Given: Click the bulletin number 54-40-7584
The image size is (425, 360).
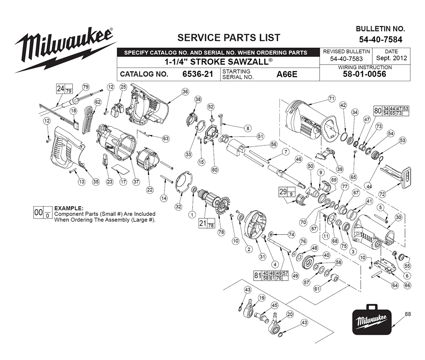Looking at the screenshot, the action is [380, 40].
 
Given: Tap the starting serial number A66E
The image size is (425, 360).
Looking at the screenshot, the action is [287, 74].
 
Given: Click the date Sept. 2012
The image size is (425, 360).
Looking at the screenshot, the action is [391, 58].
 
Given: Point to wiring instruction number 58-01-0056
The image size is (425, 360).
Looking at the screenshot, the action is [365, 74].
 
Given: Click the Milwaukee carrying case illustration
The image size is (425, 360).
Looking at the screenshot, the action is [372, 320].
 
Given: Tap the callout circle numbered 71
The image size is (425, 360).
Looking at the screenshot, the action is [332, 99].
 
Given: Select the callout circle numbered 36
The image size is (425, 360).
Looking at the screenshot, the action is [185, 92].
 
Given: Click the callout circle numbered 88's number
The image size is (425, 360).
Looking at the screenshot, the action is [408, 314].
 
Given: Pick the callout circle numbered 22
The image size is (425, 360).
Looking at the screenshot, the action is [150, 190].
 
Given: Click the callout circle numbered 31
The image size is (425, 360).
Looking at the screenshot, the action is [262, 256].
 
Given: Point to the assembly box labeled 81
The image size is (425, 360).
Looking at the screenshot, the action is [271, 275].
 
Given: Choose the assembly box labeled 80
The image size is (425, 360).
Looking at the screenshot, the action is [391, 111].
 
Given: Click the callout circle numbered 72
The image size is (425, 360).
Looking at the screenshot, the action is [382, 194].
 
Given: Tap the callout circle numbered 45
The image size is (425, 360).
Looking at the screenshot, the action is [275, 305].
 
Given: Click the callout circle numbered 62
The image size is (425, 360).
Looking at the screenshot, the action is [98, 102].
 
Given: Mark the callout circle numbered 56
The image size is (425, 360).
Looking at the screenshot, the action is [274, 144].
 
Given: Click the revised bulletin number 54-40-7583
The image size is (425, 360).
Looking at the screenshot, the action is [346, 59].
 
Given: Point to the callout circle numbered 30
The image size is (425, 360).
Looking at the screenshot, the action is [398, 217].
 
